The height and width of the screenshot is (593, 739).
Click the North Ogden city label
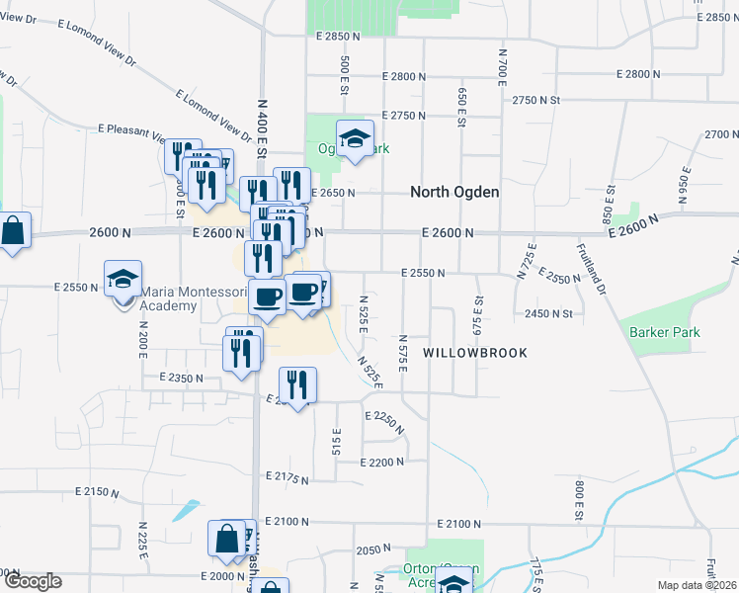click(x=454, y=192)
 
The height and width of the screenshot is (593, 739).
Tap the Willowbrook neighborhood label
click(x=475, y=352)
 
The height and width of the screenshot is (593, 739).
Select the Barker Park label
click(x=665, y=332)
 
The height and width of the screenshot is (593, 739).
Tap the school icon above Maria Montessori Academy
click(x=123, y=280)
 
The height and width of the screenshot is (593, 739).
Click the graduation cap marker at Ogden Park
click(x=355, y=139)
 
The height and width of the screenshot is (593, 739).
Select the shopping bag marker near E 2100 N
click(x=227, y=540)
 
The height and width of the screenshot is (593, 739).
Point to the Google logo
click(x=33, y=581)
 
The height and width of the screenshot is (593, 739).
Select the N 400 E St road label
click(x=263, y=128)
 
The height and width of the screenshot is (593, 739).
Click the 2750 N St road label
click(x=536, y=100)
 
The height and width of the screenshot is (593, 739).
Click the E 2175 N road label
click(x=287, y=479)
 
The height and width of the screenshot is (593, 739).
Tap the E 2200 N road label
click(x=383, y=463)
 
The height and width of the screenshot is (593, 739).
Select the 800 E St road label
click(x=580, y=499)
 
